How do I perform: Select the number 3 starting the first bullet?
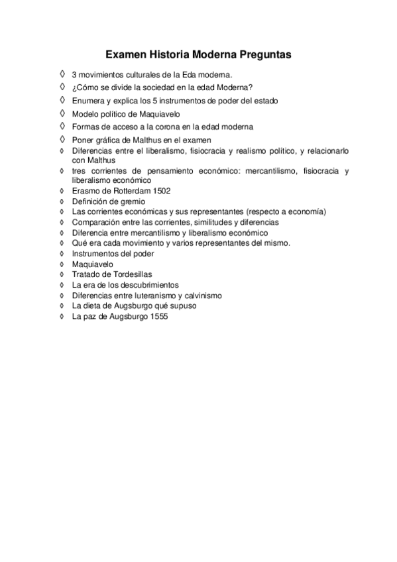(74, 73)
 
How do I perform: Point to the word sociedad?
(154, 87)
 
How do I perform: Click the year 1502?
(162, 191)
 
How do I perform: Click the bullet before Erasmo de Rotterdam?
(62, 191)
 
